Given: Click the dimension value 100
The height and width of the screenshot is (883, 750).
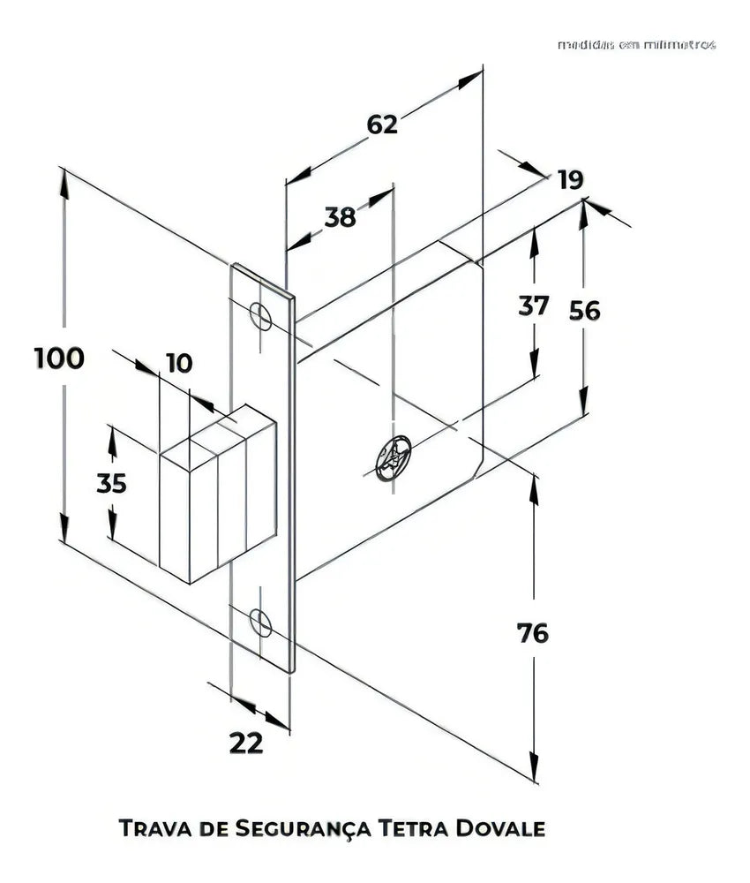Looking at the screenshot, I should coord(59,358).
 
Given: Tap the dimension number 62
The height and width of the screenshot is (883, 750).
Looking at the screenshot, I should coord(382,125).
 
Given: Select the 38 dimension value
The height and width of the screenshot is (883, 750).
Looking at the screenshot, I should coord(340,216).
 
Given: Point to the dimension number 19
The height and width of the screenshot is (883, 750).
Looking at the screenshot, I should coord(570,180).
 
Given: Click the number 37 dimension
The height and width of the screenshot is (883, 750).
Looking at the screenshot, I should coord(533,306).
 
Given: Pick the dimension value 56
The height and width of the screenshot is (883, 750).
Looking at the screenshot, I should coord(584,311).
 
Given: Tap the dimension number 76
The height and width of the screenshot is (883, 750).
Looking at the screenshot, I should coord(532,633).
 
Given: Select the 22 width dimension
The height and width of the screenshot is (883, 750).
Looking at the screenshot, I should coord(246,743).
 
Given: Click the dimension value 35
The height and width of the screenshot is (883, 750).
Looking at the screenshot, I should coord(111,483).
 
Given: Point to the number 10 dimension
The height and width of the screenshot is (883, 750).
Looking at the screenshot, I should coord(178,363).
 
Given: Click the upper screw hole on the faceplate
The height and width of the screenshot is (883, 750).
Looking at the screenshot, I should coord(261,316).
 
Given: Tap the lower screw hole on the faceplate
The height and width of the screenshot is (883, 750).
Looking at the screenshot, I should coord(261,622).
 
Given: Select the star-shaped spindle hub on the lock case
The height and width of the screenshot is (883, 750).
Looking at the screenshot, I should coord(393,458).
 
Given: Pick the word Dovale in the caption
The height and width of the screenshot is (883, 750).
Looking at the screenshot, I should coord(500,828).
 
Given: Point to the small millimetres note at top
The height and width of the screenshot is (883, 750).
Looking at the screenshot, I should coord(636,44).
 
